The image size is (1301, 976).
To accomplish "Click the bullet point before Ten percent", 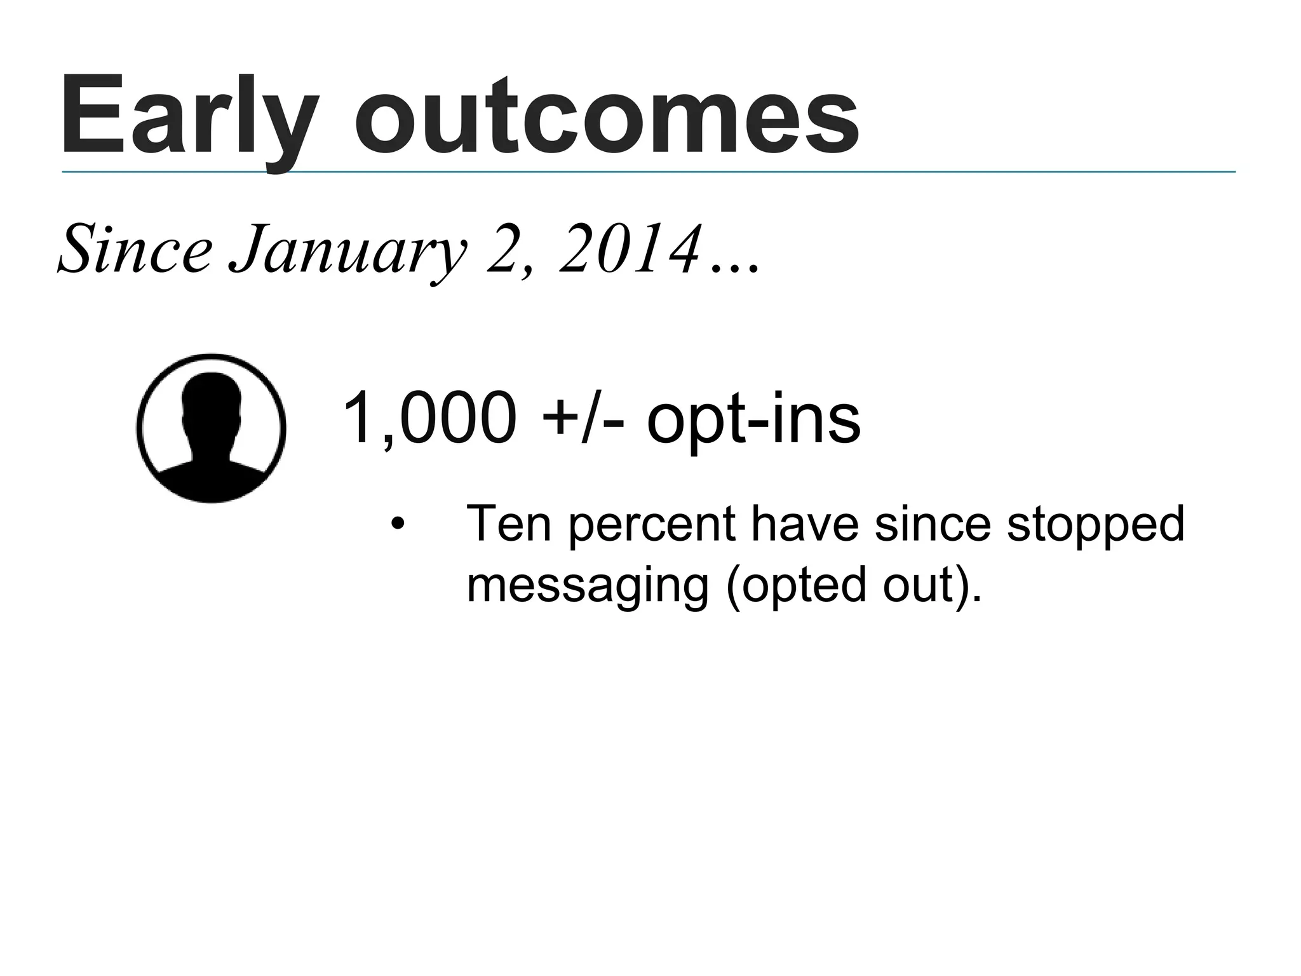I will click(397, 525).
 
